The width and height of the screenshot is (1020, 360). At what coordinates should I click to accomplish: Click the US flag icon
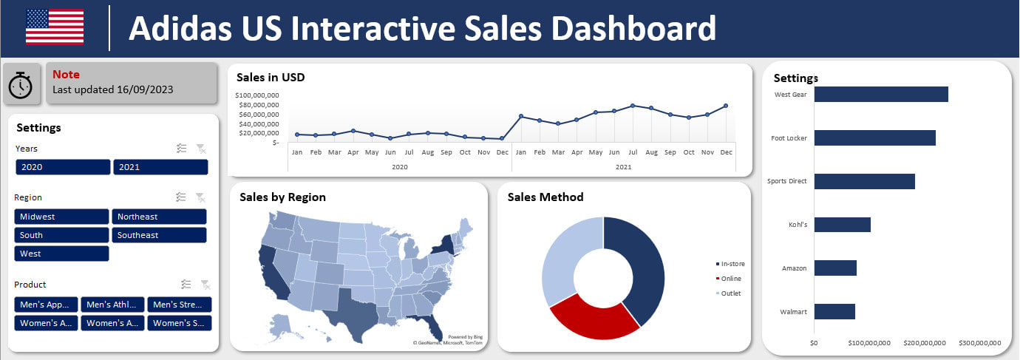55,27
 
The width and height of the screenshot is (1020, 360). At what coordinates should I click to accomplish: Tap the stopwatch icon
21,85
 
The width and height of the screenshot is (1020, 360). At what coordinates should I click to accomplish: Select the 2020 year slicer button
62,167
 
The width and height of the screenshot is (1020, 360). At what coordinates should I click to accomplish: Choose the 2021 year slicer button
160,167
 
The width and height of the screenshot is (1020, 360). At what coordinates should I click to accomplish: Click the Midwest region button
61,217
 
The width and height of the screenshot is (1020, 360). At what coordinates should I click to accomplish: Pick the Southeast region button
159,235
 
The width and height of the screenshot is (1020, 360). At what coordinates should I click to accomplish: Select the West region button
61,254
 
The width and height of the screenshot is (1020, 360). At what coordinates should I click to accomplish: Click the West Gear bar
880,95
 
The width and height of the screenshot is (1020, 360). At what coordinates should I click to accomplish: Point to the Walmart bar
834,312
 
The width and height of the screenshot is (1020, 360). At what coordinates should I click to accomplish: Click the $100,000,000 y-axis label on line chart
256,95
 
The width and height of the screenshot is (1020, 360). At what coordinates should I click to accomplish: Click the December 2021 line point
726,106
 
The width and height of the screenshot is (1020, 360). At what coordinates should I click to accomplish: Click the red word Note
66,75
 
